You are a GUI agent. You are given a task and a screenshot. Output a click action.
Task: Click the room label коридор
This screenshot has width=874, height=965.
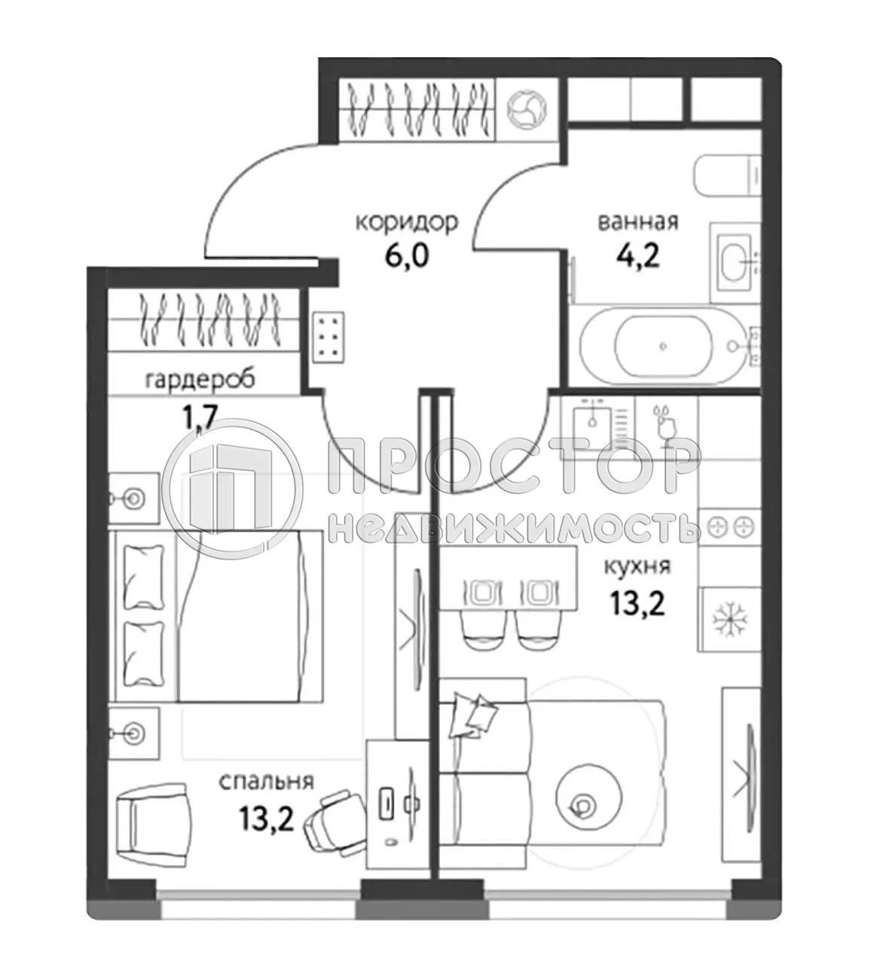[x=406, y=222]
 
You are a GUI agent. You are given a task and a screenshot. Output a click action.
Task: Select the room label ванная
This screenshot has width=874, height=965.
[x=637, y=222]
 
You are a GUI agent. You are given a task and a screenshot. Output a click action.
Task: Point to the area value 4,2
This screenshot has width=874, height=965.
[x=637, y=256]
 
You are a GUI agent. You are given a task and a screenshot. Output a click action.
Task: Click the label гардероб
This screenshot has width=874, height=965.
[x=200, y=379]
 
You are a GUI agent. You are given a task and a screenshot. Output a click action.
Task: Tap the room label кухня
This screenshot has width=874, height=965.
[x=637, y=565]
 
